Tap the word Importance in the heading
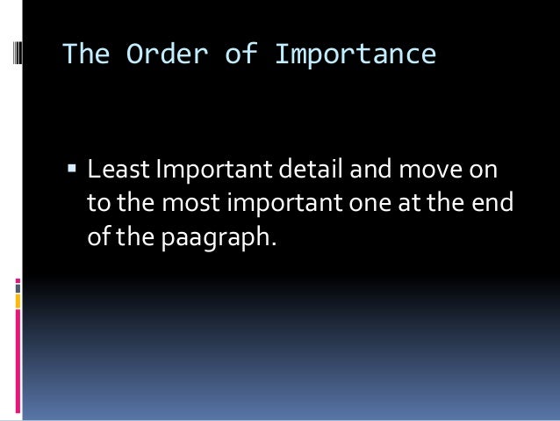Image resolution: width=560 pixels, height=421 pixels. pos(355,54)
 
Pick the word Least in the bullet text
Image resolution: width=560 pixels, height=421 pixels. pos(119,168)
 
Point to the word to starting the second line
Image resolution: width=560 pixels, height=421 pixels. pos(97,202)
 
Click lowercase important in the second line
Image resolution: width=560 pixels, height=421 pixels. pos(285,203)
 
